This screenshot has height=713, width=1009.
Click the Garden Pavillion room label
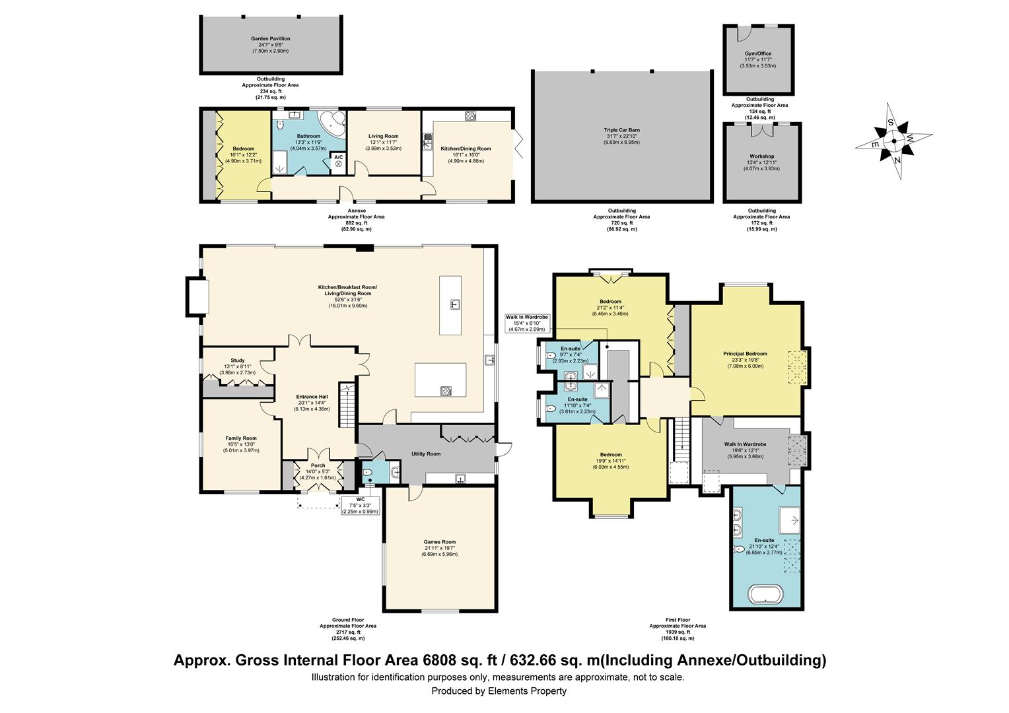(270, 39)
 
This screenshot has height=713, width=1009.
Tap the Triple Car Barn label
(621, 130)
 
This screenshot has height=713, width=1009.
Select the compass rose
(893, 141)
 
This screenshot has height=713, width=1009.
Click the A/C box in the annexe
(338, 163)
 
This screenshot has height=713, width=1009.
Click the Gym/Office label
(758, 53)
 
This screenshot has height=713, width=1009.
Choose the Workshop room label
(762, 156)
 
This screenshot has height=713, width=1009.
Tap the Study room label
(237, 360)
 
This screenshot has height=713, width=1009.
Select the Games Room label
(439, 542)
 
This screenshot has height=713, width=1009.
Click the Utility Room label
(425, 454)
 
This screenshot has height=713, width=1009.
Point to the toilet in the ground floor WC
(367, 473)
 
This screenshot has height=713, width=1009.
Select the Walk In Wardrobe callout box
(526, 323)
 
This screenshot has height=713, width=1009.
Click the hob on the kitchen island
(446, 391)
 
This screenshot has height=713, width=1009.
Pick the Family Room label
(241, 438)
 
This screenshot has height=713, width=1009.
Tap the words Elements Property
(527, 691)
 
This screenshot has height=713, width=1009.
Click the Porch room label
(318, 465)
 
